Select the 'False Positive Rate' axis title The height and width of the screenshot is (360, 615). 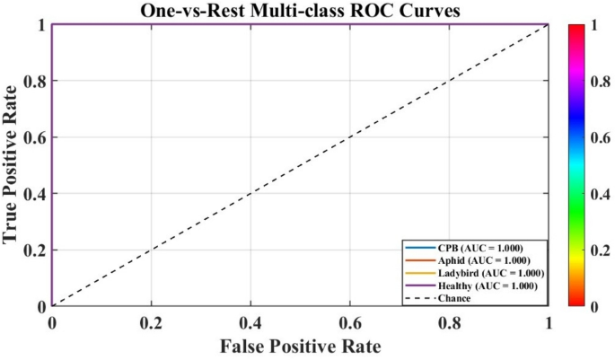click(x=299, y=346)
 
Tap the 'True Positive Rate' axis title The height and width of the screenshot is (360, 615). click(x=13, y=164)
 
